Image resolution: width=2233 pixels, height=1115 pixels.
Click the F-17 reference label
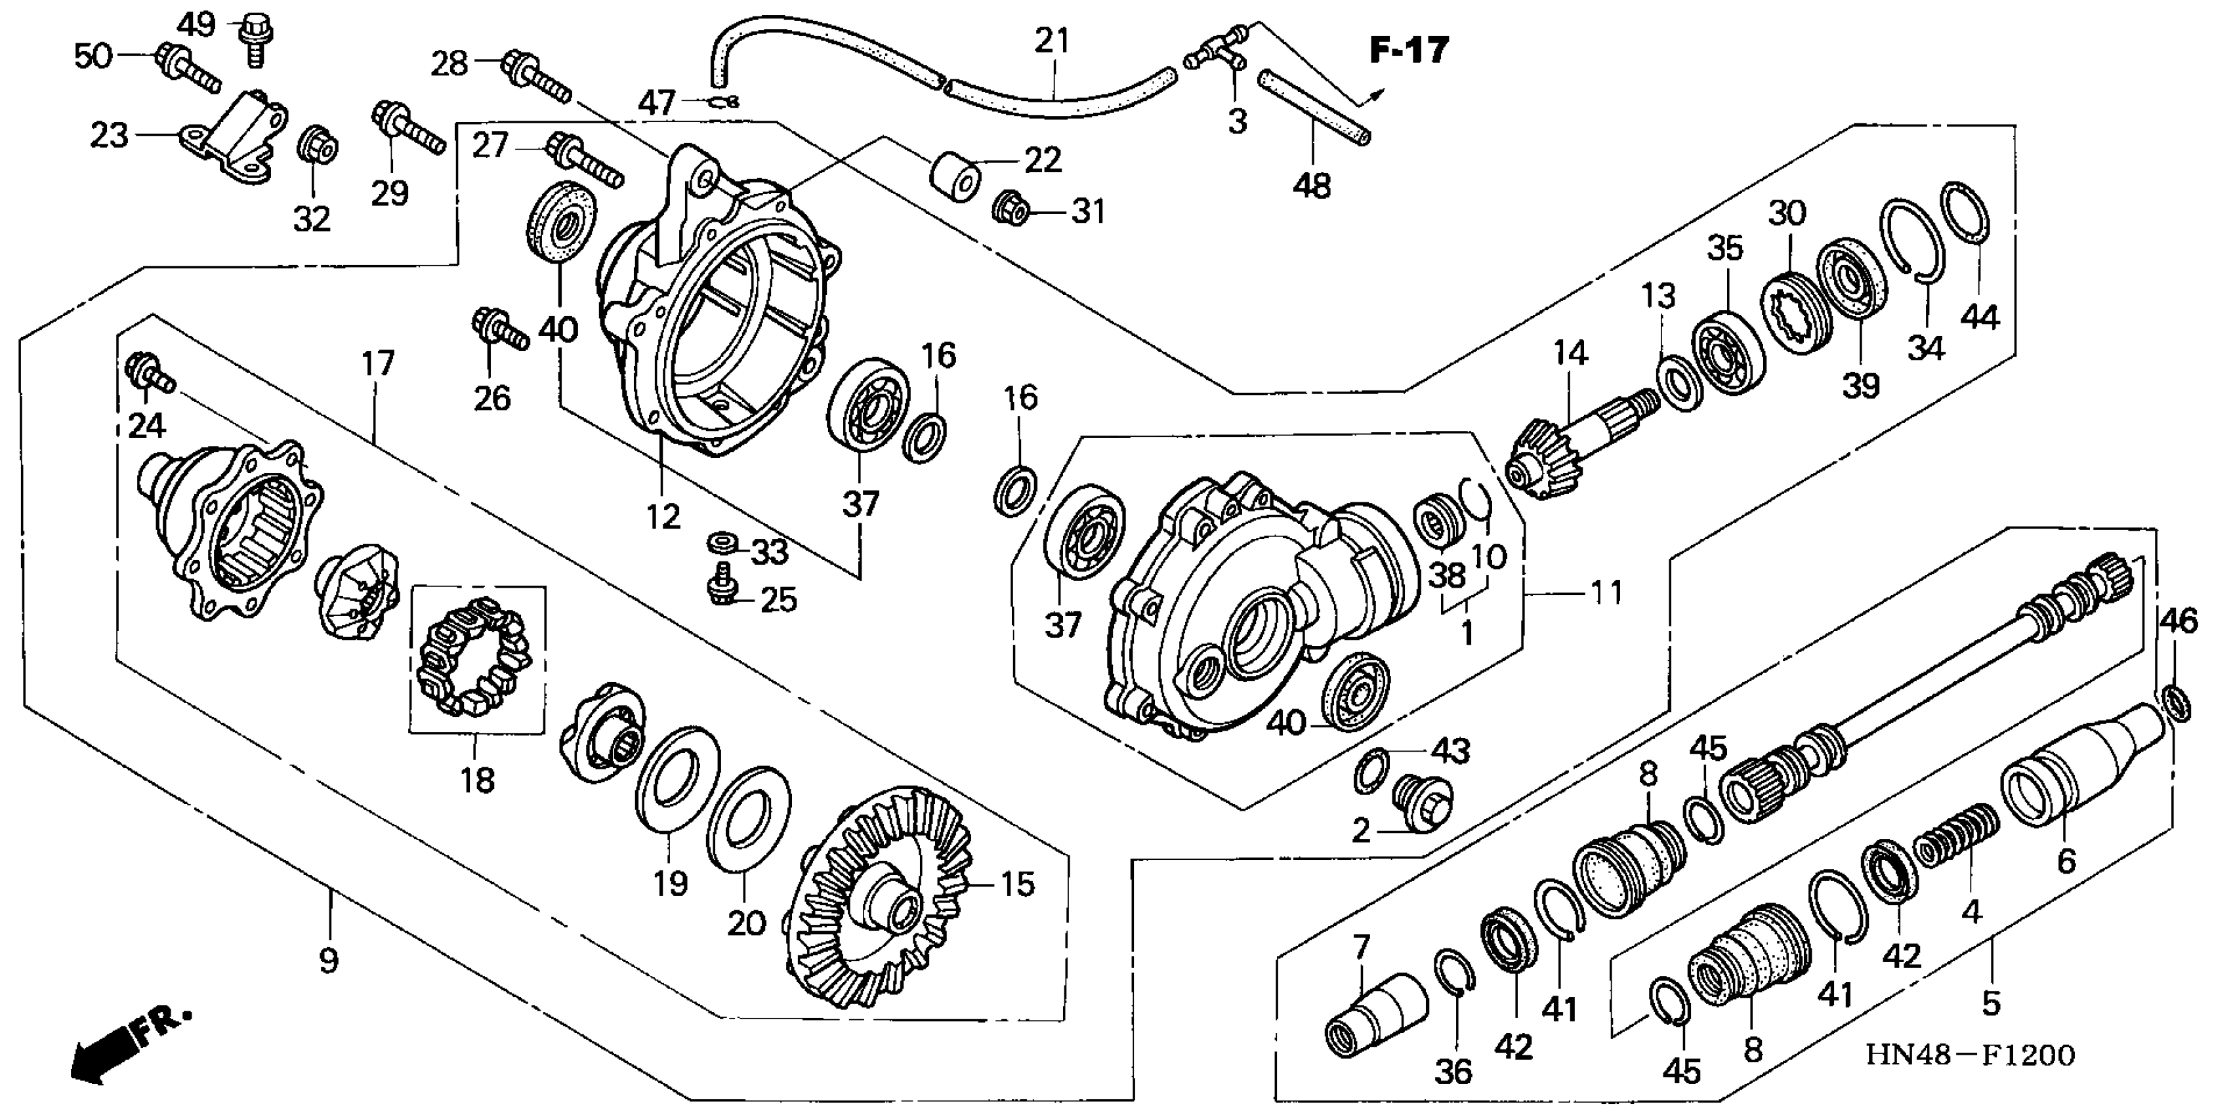(x=1409, y=51)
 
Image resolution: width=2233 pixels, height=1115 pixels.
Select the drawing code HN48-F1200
(x=1969, y=1055)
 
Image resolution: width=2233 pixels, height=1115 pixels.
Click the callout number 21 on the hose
(x=1053, y=41)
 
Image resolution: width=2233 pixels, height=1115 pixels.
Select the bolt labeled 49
(x=254, y=38)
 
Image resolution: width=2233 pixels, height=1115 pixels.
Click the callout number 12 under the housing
(x=663, y=517)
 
